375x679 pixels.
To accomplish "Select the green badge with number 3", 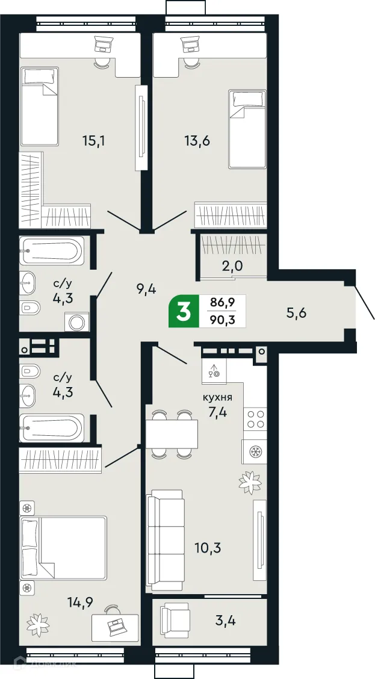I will (x=184, y=311).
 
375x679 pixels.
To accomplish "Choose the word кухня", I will (x=217, y=398).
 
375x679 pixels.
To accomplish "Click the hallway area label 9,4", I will (x=146, y=290).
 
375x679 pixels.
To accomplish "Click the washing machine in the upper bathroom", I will (x=78, y=322).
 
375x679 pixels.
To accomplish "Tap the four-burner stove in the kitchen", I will (x=254, y=418).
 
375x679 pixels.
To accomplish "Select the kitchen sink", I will (x=214, y=372).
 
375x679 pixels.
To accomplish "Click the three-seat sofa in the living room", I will (x=165, y=540).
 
